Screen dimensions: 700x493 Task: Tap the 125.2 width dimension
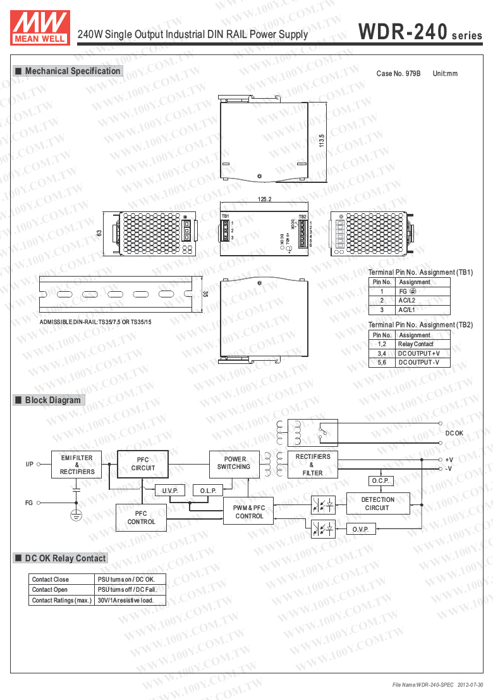click(x=264, y=199)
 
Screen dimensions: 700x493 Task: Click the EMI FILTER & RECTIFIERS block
click(x=77, y=465)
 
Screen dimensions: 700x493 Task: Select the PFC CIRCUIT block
click(x=143, y=465)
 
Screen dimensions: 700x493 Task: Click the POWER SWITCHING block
click(x=234, y=463)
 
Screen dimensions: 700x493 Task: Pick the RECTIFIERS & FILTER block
click(x=312, y=465)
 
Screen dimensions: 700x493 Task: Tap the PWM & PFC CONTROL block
click(x=249, y=512)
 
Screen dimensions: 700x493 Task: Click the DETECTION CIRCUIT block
click(x=377, y=504)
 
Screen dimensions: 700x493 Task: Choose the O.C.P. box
click(x=380, y=481)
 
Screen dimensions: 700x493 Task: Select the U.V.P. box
click(x=170, y=491)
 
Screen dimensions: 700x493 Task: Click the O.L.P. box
click(x=208, y=491)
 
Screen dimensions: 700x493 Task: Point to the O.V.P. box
click(x=361, y=528)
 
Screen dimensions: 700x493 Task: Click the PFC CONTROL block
click(x=141, y=518)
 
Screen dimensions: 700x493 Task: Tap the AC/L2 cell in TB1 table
click(x=406, y=301)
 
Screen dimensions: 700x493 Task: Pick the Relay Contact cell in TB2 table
click(x=415, y=344)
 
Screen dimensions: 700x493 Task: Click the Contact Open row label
click(x=50, y=589)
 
